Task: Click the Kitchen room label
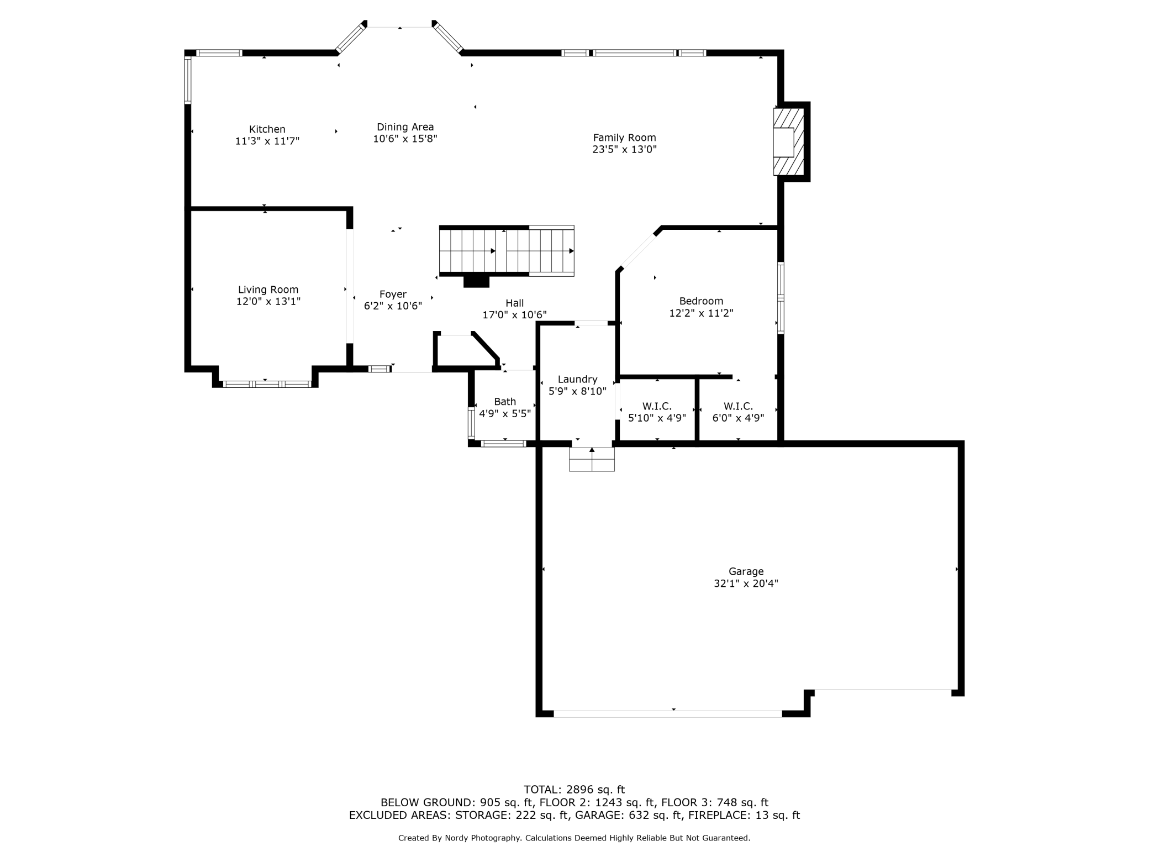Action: [x=267, y=129]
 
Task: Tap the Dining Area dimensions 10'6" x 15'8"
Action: [x=405, y=139]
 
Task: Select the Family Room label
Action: [x=624, y=138]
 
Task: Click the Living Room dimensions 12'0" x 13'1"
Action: [x=268, y=301]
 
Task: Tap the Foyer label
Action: [x=393, y=295]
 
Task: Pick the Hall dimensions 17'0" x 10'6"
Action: [x=514, y=315]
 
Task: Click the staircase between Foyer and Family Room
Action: [x=507, y=251]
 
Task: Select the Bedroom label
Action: [x=701, y=301]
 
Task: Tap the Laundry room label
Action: [x=577, y=380]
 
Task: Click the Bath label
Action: [x=505, y=402]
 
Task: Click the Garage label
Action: [x=746, y=571]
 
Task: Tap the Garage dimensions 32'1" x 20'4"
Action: [x=746, y=583]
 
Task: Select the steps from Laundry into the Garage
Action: [x=592, y=459]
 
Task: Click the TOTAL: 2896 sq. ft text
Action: [x=574, y=790]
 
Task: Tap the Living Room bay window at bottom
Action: [x=267, y=384]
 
